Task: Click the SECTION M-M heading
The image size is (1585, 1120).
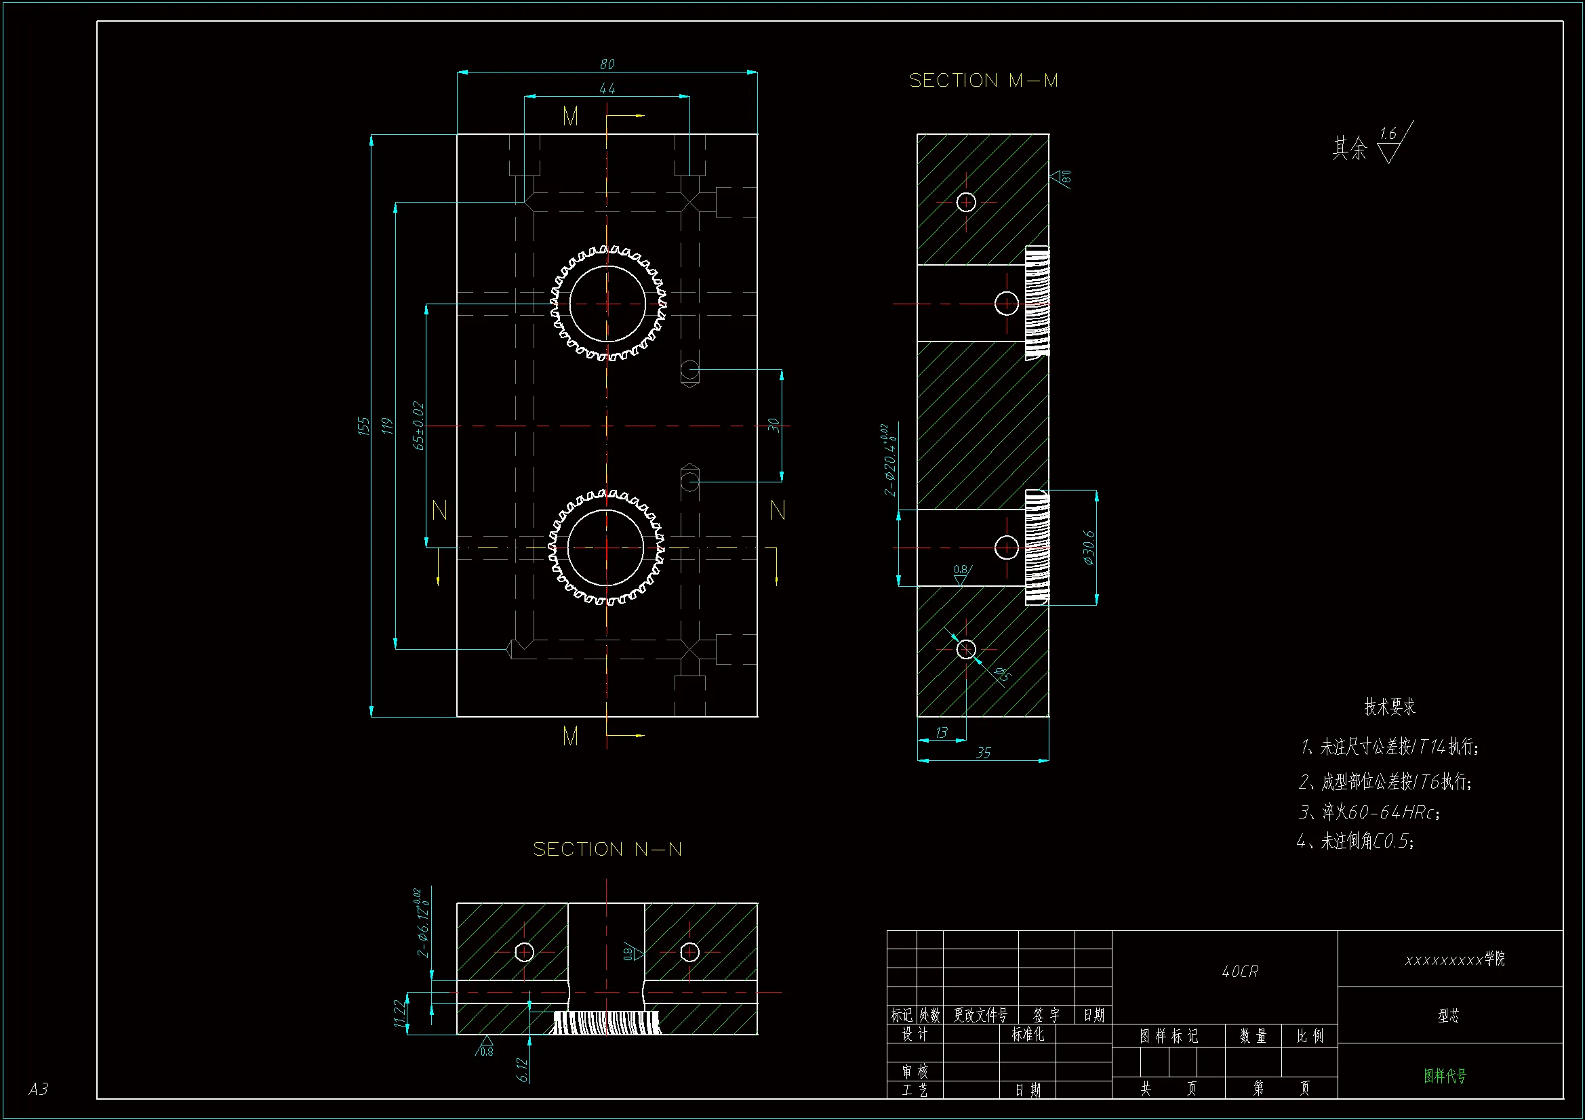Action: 983,81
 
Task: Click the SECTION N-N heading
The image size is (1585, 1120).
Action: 607,849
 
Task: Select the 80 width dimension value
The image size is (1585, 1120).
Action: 607,64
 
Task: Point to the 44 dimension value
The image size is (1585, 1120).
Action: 607,89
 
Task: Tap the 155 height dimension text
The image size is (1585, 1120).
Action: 364,426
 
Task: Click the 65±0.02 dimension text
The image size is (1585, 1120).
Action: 418,426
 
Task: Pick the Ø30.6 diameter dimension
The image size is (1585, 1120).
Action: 1089,548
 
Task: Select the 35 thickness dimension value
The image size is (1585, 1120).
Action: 983,753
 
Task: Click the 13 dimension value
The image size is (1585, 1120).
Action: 941,733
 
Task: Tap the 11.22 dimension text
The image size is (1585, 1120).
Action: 399,1013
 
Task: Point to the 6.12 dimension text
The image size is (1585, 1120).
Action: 522,1070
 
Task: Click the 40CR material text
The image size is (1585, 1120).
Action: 1240,972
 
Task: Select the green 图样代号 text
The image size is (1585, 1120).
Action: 1445,1075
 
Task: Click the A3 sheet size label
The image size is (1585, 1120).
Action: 39,1089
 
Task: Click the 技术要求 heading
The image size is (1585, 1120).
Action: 1390,707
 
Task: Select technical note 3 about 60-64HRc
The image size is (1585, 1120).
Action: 1369,812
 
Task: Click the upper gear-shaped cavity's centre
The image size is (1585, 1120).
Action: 607,303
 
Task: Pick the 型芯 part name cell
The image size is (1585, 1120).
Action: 1448,1015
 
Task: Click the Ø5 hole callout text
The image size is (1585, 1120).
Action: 1002,674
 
